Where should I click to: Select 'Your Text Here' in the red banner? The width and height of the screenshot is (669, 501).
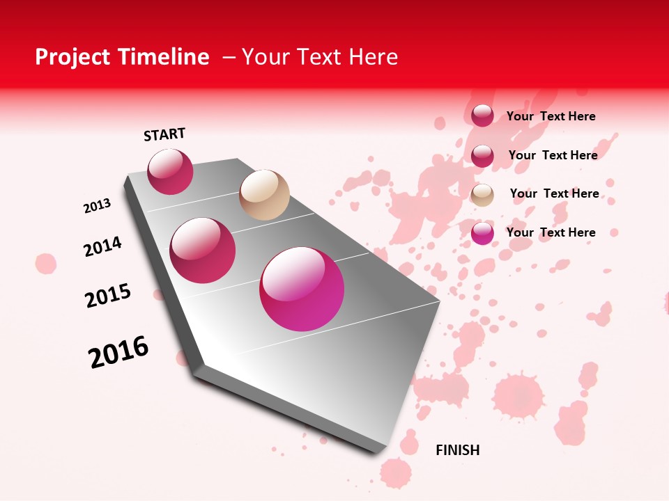(320, 58)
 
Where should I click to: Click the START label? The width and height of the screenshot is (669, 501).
(164, 134)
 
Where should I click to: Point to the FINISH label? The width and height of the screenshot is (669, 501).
(457, 450)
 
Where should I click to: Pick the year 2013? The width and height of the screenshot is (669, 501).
(98, 206)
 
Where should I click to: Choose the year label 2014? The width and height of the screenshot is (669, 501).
(102, 247)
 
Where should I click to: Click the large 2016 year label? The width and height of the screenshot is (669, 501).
(118, 352)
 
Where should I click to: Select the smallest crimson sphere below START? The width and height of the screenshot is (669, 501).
(170, 171)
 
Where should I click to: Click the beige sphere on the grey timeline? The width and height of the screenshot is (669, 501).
(264, 195)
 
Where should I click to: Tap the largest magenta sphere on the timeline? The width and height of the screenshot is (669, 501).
(302, 288)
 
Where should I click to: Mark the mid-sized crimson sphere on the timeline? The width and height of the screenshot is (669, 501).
(203, 250)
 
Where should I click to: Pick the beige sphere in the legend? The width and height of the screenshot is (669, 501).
(482, 195)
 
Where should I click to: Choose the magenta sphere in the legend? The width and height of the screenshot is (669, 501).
(482, 233)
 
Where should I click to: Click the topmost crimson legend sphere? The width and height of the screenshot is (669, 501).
(482, 116)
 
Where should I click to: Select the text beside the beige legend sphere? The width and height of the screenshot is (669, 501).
(554, 193)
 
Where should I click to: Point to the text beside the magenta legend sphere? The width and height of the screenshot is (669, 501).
(551, 232)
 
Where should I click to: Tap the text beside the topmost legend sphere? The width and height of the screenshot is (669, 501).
(551, 116)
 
